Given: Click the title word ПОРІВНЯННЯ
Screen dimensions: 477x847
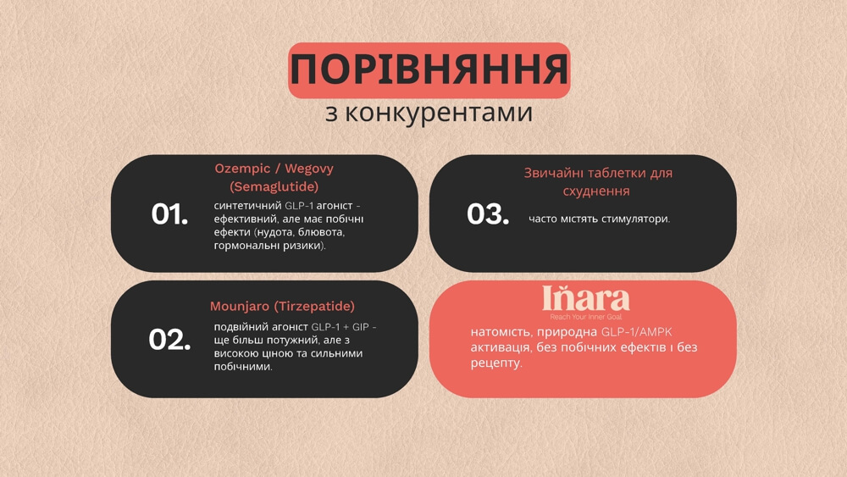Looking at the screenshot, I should (429, 70).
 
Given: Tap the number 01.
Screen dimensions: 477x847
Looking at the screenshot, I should (169, 214).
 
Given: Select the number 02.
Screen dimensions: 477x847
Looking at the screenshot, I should (169, 340).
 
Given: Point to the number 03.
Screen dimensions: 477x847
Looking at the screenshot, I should (488, 214).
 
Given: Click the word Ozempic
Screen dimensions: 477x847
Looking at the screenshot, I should (243, 169).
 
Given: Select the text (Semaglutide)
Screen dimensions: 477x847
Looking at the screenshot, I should (274, 186).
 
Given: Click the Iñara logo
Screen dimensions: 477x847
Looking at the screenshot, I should (585, 298).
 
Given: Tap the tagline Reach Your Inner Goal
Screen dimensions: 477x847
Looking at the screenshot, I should (586, 316).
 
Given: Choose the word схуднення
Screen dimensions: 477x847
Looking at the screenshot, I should (597, 191).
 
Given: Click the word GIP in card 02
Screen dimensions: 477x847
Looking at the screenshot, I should (359, 327).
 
